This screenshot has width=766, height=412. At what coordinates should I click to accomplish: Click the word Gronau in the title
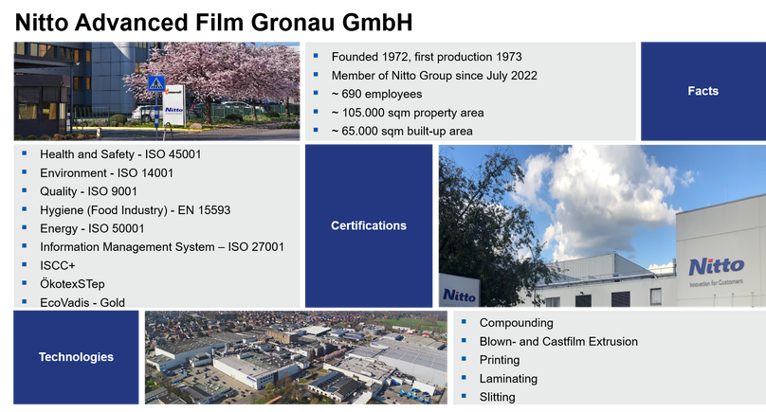pyautogui.click(x=293, y=23)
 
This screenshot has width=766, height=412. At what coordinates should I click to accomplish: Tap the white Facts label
pyautogui.click(x=703, y=91)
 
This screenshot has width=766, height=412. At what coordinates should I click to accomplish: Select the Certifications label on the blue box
pyautogui.click(x=369, y=225)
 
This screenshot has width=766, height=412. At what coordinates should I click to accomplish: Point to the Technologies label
pyautogui.click(x=76, y=357)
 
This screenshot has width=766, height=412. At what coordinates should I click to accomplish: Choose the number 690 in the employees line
pyautogui.click(x=352, y=94)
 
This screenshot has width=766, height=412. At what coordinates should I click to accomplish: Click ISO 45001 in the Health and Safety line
pyautogui.click(x=173, y=154)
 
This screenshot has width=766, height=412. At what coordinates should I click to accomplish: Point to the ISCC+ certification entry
pyautogui.click(x=58, y=265)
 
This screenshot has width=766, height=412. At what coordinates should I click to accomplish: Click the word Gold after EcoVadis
pyautogui.click(x=113, y=303)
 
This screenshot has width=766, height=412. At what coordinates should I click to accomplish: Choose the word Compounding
pyautogui.click(x=517, y=323)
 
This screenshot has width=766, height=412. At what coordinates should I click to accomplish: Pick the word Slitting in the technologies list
pyautogui.click(x=498, y=397)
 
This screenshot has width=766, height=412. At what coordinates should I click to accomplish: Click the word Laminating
pyautogui.click(x=508, y=378)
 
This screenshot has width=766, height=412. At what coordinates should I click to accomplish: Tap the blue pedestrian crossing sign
pyautogui.click(x=156, y=83)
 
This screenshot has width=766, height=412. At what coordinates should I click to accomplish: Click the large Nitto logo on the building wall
pyautogui.click(x=717, y=266)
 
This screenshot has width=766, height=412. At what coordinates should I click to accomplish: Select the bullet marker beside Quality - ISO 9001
pyautogui.click(x=25, y=190)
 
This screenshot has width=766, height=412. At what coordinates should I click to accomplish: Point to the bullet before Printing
pyautogui.click(x=465, y=359)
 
